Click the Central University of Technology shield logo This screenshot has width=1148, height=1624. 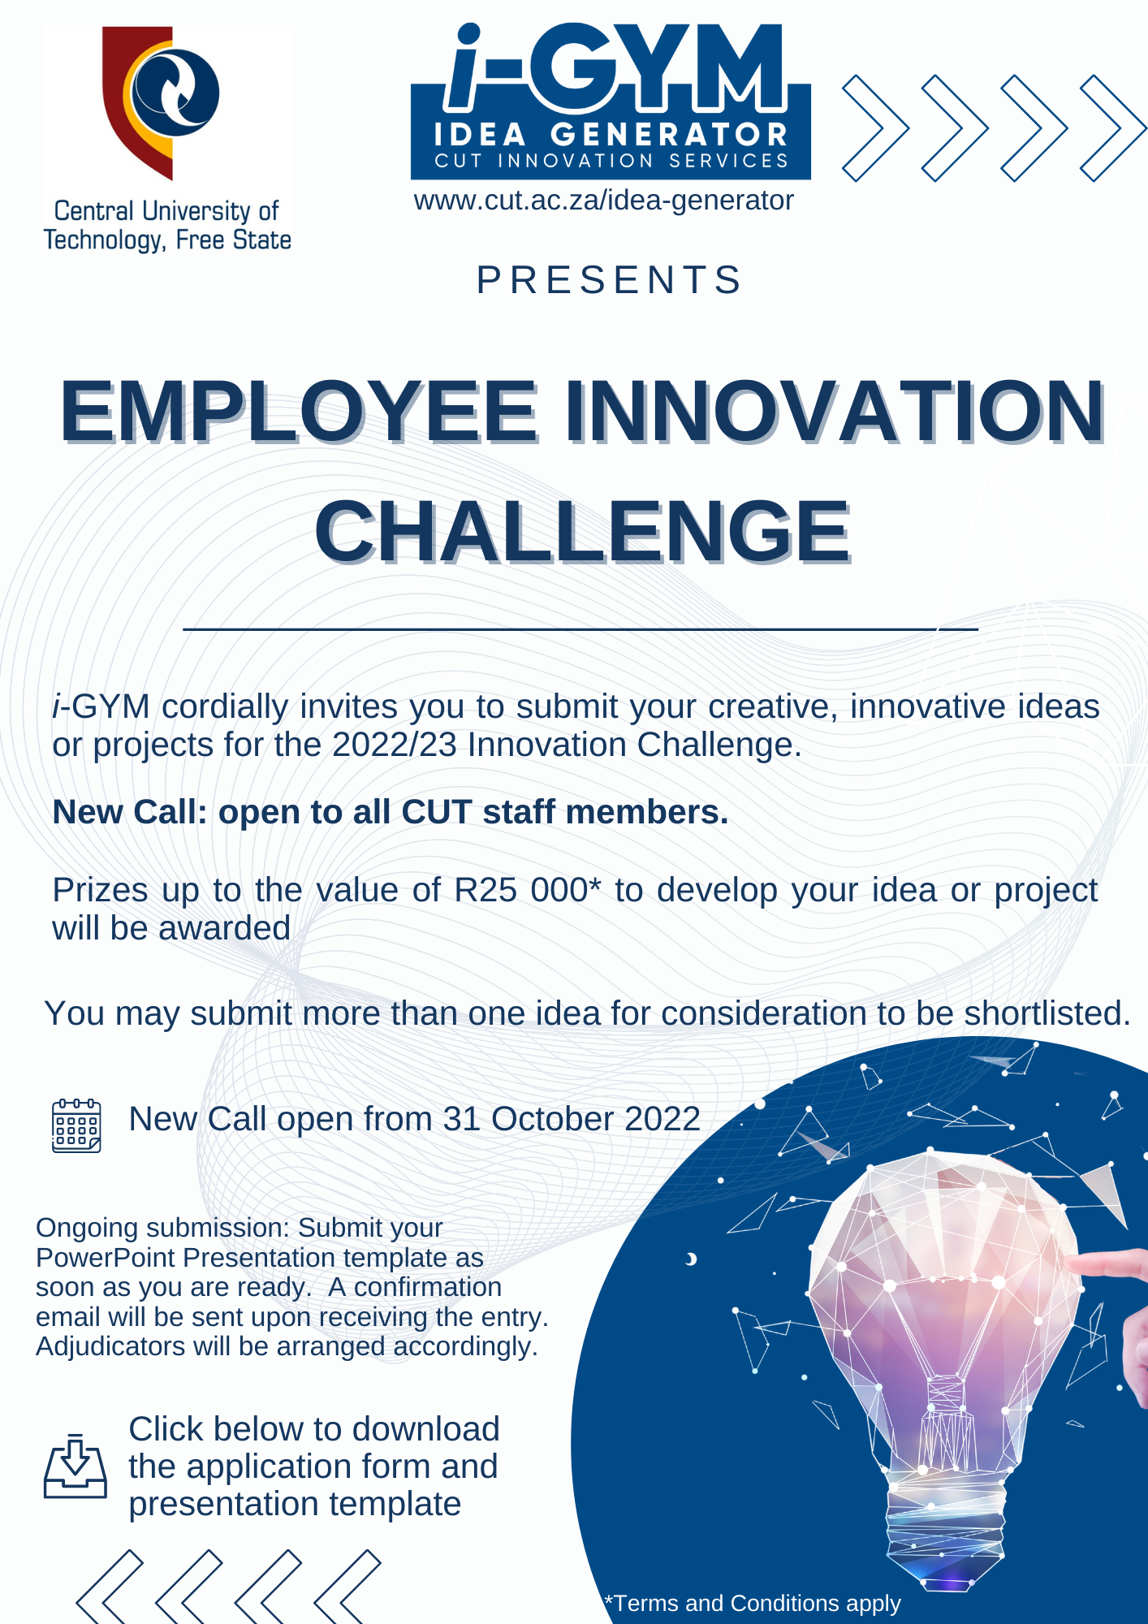[161, 101]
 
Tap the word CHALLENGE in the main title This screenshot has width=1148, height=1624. [583, 531]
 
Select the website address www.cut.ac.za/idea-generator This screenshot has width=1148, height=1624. [603, 200]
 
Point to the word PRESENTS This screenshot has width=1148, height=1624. [610, 279]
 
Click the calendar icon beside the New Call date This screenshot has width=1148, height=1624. [76, 1125]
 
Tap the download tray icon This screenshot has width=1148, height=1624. [75, 1466]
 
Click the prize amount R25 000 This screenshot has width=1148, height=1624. [528, 890]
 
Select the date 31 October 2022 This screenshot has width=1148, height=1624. [572, 1119]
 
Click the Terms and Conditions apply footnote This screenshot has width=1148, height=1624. [753, 1603]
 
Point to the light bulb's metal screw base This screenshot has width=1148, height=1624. [946, 1527]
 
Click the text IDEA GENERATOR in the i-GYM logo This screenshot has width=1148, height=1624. [611, 134]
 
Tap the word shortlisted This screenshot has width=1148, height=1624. [1047, 1013]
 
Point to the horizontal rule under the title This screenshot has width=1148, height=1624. [580, 628]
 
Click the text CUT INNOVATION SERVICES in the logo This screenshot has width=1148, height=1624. [611, 161]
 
